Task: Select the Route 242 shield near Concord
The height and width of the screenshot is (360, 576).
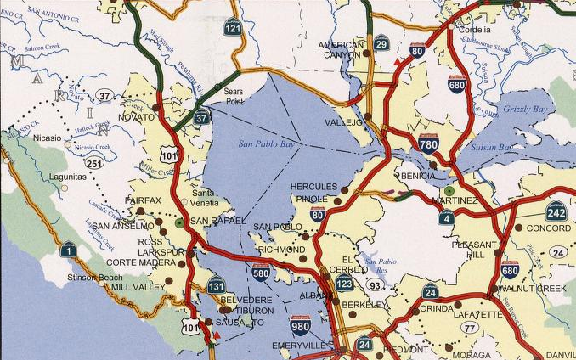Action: tap(556, 211)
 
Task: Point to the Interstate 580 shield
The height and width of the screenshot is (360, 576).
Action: tap(261, 271)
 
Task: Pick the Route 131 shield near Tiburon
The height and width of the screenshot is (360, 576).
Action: tap(217, 284)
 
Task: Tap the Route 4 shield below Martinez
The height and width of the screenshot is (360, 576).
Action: tap(447, 217)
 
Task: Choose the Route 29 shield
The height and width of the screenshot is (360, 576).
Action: tap(381, 42)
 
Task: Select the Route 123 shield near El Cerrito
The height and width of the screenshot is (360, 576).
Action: tap(343, 282)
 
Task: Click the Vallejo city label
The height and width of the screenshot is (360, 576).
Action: tap(344, 123)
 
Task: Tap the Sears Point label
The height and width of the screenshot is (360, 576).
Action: tap(234, 95)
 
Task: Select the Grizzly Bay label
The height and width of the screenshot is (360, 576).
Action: tap(528, 110)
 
